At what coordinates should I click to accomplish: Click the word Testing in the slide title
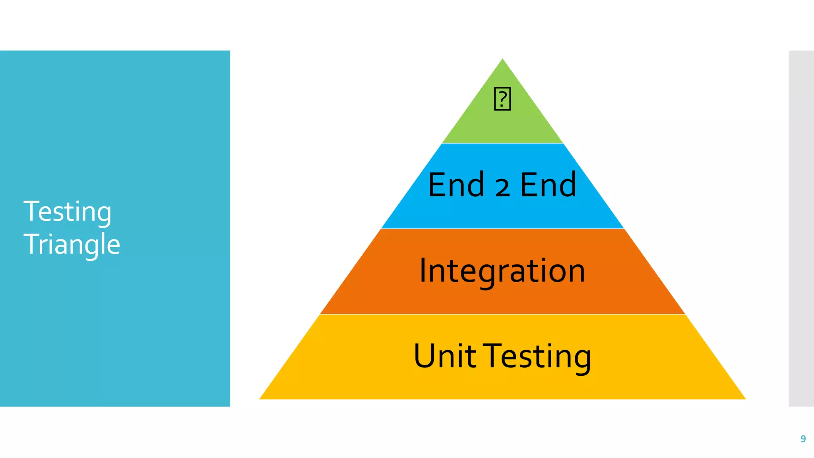point(67,212)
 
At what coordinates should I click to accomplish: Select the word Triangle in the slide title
point(72,244)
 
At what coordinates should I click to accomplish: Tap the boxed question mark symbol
point(502,99)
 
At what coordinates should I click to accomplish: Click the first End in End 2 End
point(456,185)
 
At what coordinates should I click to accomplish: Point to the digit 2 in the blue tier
point(502,187)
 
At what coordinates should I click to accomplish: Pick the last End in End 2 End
point(548,185)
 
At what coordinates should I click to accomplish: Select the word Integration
point(502,271)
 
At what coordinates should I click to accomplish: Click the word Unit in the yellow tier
point(445,356)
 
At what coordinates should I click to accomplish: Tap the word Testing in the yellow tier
point(539,357)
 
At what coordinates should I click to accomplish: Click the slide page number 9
point(803,439)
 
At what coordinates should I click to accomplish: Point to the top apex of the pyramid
point(502,60)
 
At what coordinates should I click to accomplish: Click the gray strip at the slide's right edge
point(801,228)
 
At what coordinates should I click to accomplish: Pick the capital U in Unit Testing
point(424,356)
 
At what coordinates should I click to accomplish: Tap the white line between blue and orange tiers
point(502,229)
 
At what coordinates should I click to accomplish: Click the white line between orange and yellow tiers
point(502,314)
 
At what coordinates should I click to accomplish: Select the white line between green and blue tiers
point(502,143)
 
